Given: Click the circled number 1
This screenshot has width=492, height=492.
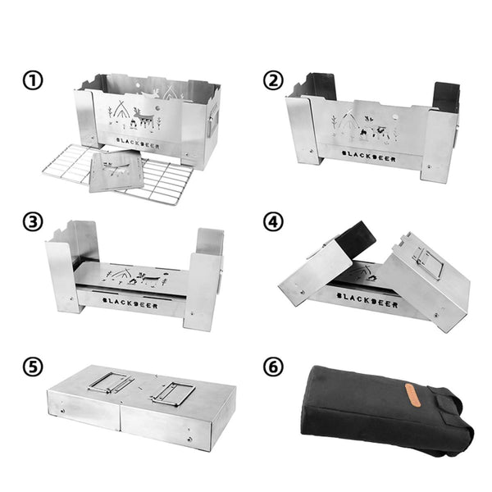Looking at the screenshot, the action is [33, 80].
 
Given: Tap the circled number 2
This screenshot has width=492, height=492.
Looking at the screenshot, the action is [273, 80].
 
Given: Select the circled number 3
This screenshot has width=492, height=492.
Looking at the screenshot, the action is [33, 222].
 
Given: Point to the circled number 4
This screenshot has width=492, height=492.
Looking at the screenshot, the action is [273, 222].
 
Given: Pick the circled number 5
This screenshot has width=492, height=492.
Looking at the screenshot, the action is [33, 367].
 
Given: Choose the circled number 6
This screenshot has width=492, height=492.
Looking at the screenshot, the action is [273, 367].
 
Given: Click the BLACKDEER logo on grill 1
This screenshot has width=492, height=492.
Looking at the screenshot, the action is [138, 143].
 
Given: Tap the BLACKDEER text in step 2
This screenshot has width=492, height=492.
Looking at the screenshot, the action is [369, 156].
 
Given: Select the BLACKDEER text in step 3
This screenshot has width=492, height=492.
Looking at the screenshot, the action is [130, 303].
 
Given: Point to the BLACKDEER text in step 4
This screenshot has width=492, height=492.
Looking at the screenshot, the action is [367, 300].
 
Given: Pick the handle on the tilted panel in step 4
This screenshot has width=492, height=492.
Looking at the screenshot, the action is [427, 263].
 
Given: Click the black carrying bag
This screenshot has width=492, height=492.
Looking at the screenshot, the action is [387, 410].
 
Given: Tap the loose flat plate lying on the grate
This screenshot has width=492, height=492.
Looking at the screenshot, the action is [116, 171].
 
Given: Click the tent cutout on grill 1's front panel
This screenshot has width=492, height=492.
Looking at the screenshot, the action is [121, 110].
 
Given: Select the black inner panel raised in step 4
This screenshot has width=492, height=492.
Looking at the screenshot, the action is [356, 240].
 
